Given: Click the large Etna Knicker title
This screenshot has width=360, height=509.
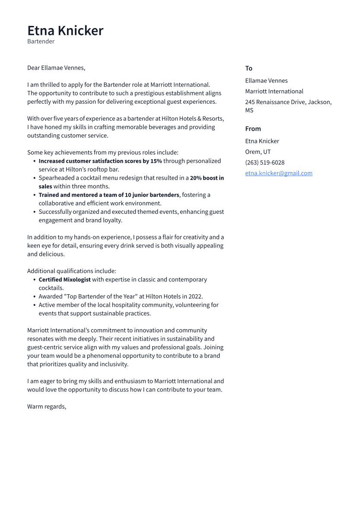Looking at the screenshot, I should [x=65, y=31].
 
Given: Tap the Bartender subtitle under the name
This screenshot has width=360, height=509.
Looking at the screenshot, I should [x=41, y=41].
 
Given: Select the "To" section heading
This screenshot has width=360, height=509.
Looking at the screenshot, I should [x=248, y=68].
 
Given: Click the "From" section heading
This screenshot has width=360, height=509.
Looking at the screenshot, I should [x=253, y=129].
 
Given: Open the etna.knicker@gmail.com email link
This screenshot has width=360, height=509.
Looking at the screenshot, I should [x=278, y=173].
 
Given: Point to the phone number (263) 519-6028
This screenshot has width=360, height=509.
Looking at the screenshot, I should [x=264, y=162].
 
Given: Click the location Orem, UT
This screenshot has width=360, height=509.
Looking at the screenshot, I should [x=258, y=152].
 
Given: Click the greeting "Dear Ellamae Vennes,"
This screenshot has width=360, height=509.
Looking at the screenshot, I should [x=56, y=68].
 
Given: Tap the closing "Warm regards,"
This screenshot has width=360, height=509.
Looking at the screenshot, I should [x=47, y=407].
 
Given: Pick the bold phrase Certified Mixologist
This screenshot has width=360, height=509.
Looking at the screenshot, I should [x=64, y=280].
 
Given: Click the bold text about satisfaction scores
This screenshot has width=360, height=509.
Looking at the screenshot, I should [x=100, y=161].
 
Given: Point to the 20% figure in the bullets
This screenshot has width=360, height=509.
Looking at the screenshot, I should [x=196, y=178].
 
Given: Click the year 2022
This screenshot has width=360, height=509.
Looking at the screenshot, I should [x=195, y=296].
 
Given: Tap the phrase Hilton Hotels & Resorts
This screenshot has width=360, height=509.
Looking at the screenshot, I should [x=192, y=119].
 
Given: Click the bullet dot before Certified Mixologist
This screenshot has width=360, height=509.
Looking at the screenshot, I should [x=35, y=280].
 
